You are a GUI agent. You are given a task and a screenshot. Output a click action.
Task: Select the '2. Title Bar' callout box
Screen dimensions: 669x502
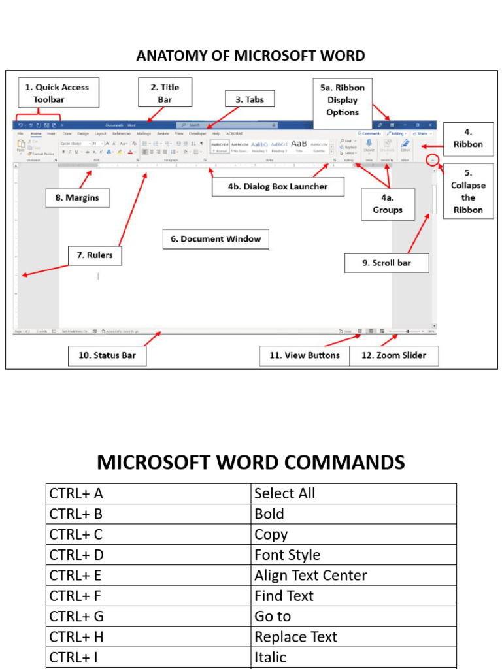pyautogui.click(x=165, y=93)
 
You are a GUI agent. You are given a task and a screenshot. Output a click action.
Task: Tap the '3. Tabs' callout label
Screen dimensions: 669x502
pyautogui.click(x=250, y=99)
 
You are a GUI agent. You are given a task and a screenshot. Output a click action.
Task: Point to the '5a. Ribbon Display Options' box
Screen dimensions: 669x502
pyautogui.click(x=343, y=99)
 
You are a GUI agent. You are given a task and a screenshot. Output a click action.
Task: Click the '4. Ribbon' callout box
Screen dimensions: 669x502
pyautogui.click(x=468, y=138)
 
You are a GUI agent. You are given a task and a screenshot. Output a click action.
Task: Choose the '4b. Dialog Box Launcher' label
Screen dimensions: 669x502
pyautogui.click(x=278, y=186)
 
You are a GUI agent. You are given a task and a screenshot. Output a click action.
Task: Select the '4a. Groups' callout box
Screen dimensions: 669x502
pyautogui.click(x=388, y=204)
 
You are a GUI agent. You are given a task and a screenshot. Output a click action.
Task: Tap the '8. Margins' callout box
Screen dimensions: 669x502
pyautogui.click(x=77, y=198)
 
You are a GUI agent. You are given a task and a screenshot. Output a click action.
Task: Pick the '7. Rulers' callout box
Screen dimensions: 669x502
pyautogui.click(x=95, y=255)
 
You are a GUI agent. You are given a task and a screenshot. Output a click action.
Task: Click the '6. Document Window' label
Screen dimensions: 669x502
pyautogui.click(x=216, y=239)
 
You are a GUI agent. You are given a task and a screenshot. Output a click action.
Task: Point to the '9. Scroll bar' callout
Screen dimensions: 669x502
pyautogui.click(x=387, y=263)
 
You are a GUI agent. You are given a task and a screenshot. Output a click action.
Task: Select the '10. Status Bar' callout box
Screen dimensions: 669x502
pyautogui.click(x=107, y=355)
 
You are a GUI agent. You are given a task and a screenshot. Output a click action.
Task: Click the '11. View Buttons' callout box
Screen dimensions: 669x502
pyautogui.click(x=304, y=355)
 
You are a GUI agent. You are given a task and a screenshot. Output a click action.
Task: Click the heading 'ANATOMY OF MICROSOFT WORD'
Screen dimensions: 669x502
pyautogui.click(x=250, y=56)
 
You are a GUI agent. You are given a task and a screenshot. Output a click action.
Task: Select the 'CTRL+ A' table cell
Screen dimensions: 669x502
pyautogui.click(x=148, y=494)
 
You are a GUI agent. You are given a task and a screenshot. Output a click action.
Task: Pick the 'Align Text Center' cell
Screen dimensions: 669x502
pyautogui.click(x=354, y=576)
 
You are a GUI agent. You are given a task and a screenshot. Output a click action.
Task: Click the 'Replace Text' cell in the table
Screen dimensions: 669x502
pyautogui.click(x=354, y=637)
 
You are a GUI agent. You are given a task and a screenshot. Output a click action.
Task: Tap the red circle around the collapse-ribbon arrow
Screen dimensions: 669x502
pyautogui.click(x=431, y=159)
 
